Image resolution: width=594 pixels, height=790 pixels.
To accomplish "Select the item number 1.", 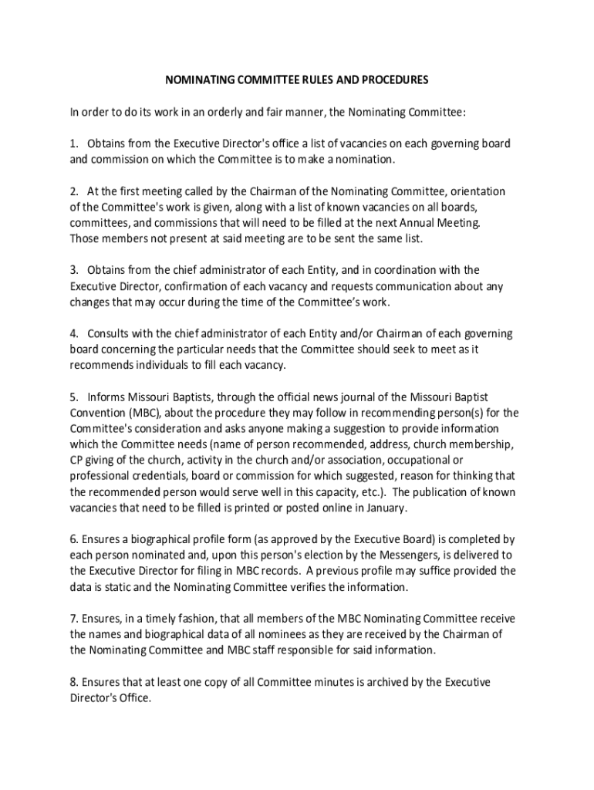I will (x=74, y=144).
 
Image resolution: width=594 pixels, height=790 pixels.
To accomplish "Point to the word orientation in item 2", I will (x=476, y=191).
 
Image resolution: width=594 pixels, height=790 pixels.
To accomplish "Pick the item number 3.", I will (x=74, y=270).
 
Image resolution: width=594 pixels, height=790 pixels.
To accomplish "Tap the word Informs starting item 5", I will (x=107, y=397).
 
